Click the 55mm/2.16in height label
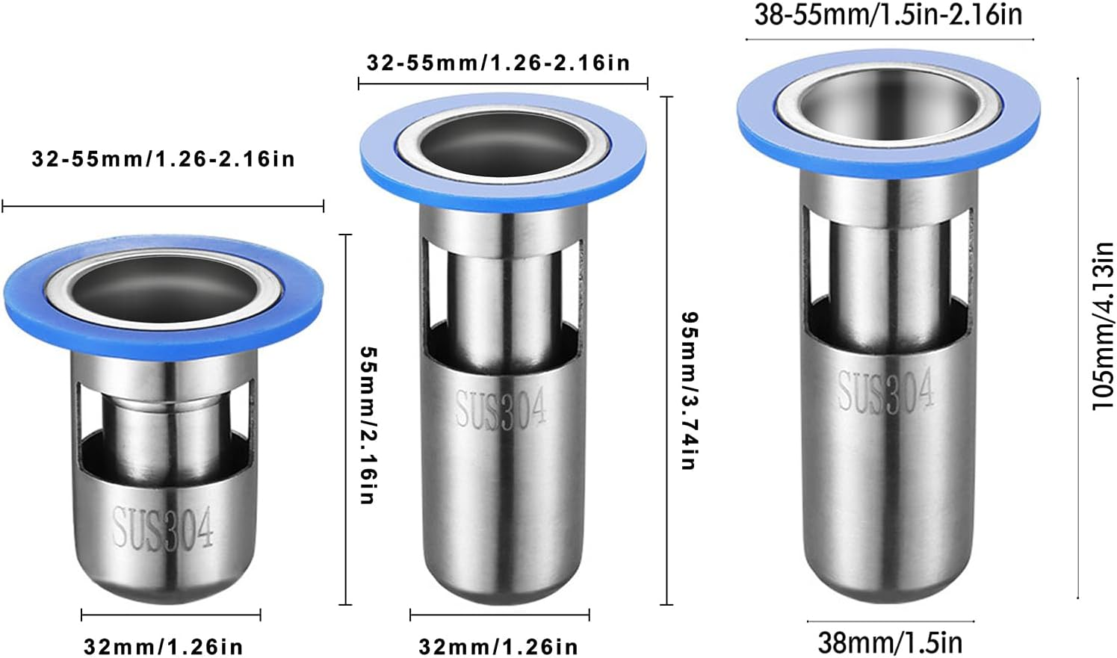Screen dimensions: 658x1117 [x=367, y=424]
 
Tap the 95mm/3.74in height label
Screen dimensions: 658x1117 [x=689, y=390]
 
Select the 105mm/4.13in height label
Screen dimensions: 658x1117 [x=1103, y=326]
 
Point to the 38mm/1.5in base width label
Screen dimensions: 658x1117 [x=890, y=642]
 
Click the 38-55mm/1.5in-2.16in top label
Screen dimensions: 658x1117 [x=888, y=15]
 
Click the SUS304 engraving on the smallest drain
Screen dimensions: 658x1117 [x=163, y=527]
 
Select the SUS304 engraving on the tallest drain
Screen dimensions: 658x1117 [x=885, y=391]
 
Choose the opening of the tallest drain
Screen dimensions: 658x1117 [x=888, y=105]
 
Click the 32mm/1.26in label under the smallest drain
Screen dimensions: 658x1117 [x=163, y=646]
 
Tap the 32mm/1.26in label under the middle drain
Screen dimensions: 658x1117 [x=498, y=646]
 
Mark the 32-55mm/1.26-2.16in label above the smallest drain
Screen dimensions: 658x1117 [x=163, y=159]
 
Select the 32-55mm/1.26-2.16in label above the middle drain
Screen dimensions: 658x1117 [x=498, y=63]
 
